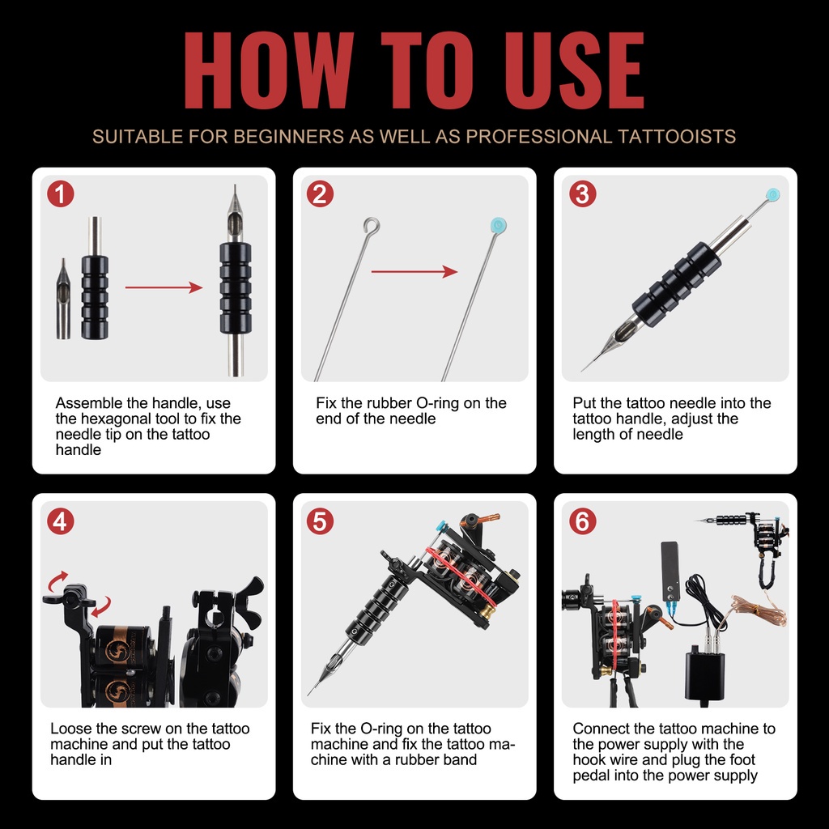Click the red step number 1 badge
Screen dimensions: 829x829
(x=60, y=193)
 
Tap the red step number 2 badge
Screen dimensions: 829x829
(x=321, y=193)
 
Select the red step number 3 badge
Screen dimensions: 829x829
(x=583, y=193)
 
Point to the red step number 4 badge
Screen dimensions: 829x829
(x=60, y=521)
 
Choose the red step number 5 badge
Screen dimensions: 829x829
(x=321, y=521)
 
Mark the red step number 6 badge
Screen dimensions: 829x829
(x=583, y=521)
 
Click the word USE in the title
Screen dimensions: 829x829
(x=575, y=70)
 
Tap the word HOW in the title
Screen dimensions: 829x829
(x=269, y=70)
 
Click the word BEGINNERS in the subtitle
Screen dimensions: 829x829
(x=288, y=136)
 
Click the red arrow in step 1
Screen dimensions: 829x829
(x=164, y=287)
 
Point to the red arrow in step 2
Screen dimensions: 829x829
(x=414, y=272)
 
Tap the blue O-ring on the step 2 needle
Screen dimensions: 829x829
(x=498, y=226)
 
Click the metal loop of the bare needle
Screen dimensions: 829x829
(x=372, y=226)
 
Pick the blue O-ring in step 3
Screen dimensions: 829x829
(x=772, y=194)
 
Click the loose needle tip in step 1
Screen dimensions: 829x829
(x=63, y=299)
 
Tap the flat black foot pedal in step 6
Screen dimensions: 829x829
(x=670, y=571)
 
